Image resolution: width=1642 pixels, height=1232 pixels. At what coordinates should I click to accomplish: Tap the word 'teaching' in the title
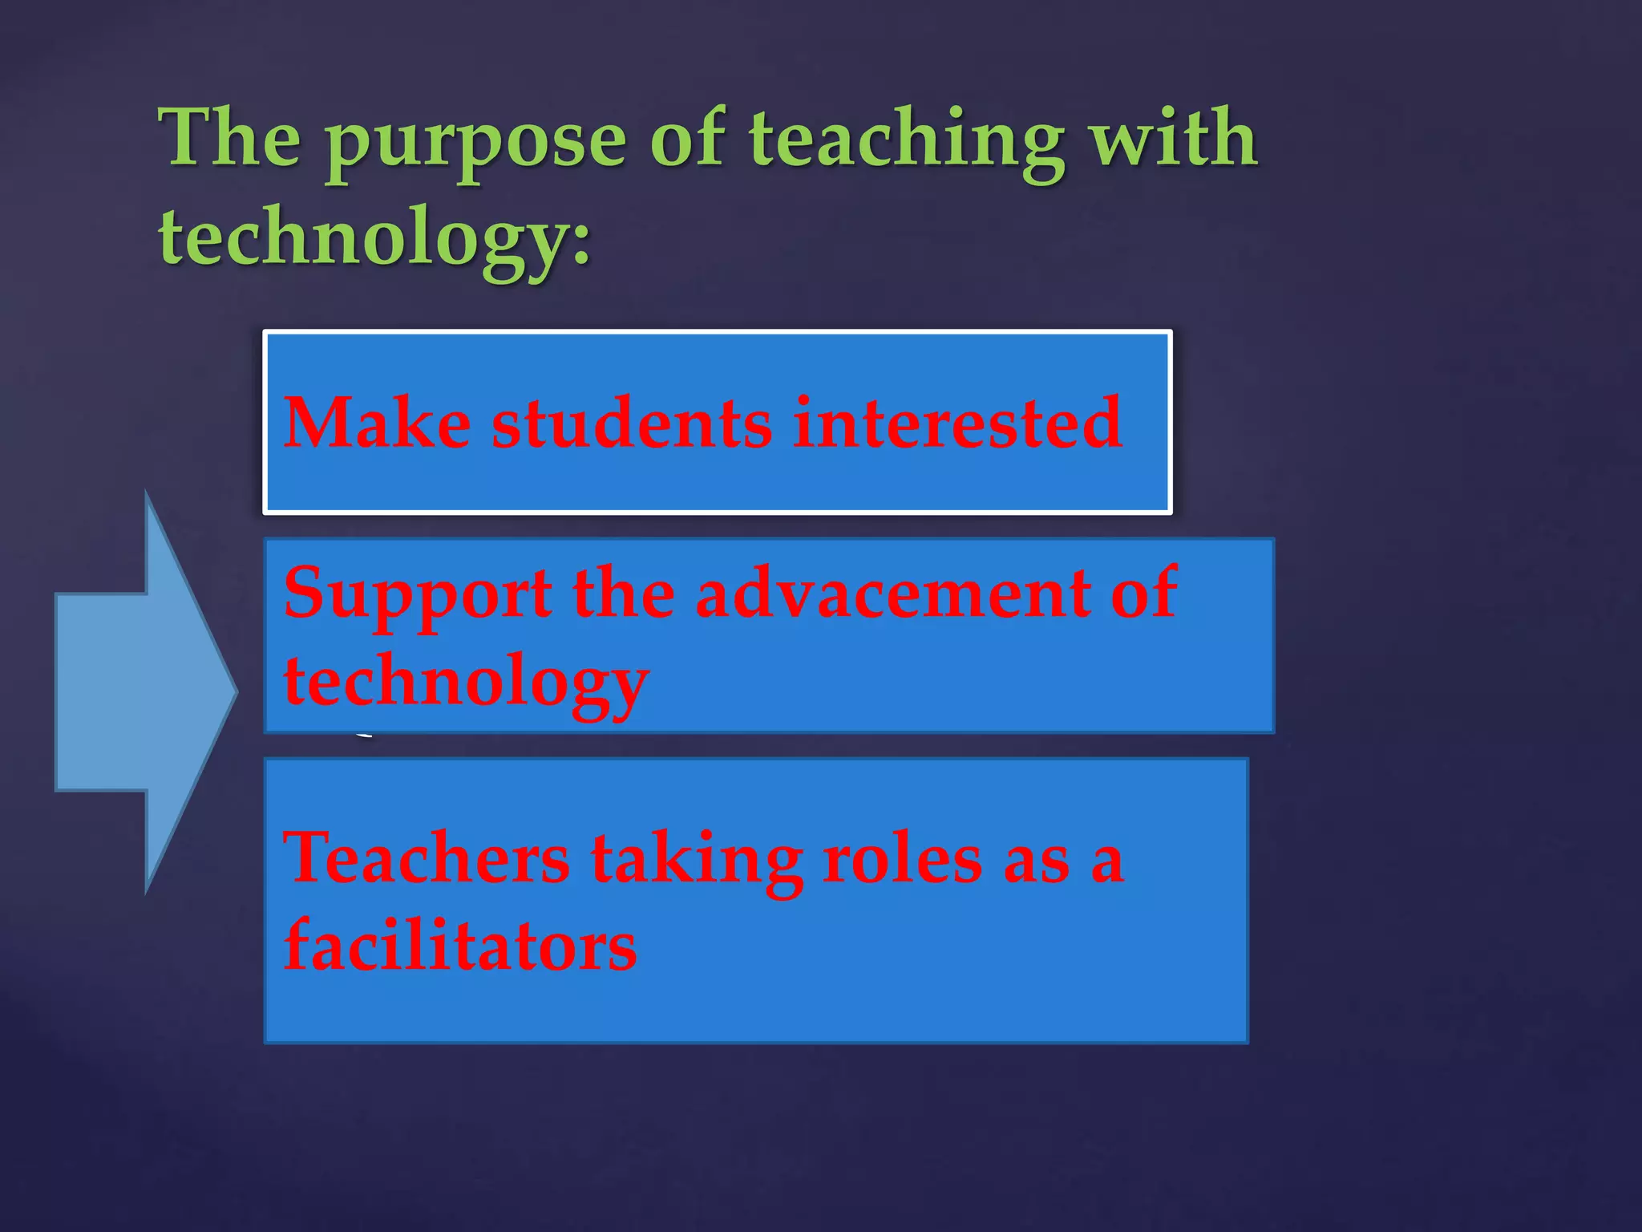coord(906,140)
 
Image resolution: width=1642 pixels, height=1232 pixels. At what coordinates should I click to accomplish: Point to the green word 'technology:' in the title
coord(374,237)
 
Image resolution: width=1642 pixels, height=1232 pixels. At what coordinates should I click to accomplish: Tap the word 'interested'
coord(957,423)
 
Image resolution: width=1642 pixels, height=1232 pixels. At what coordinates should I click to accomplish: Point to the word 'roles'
coord(902,859)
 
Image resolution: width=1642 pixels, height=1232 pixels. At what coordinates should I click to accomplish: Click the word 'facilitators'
coord(460,946)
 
